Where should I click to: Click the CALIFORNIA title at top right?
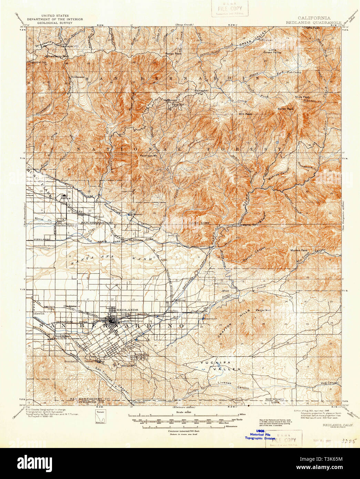[314, 18]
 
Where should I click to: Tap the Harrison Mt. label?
[148, 155]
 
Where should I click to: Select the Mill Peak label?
[245, 114]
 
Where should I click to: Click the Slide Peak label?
[302, 97]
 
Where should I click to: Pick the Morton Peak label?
[299, 250]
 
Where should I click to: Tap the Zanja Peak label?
[263, 310]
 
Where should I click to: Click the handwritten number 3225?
[348, 441]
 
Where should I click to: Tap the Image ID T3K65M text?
[333, 470]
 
